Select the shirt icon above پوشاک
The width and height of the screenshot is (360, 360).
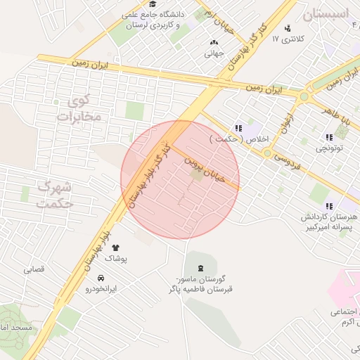[x=116, y=247]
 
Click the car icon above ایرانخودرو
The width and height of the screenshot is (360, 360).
[x=110, y=278]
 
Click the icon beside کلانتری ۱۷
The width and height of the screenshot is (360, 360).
[x=288, y=29]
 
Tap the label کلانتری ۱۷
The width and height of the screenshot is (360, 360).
[x=289, y=39]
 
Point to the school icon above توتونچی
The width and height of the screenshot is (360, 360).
[x=329, y=137]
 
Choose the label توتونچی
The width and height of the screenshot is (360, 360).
[x=329, y=148]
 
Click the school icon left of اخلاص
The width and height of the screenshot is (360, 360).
[x=239, y=128]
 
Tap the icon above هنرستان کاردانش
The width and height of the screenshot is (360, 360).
[x=329, y=206]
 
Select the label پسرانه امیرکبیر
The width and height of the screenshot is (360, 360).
[x=331, y=228]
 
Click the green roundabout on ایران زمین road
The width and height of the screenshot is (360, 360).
[x=304, y=96]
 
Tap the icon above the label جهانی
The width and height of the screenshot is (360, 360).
[x=214, y=42]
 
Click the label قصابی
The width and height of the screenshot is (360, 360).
[x=34, y=269]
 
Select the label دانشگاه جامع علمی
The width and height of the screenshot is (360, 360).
[x=153, y=14]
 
